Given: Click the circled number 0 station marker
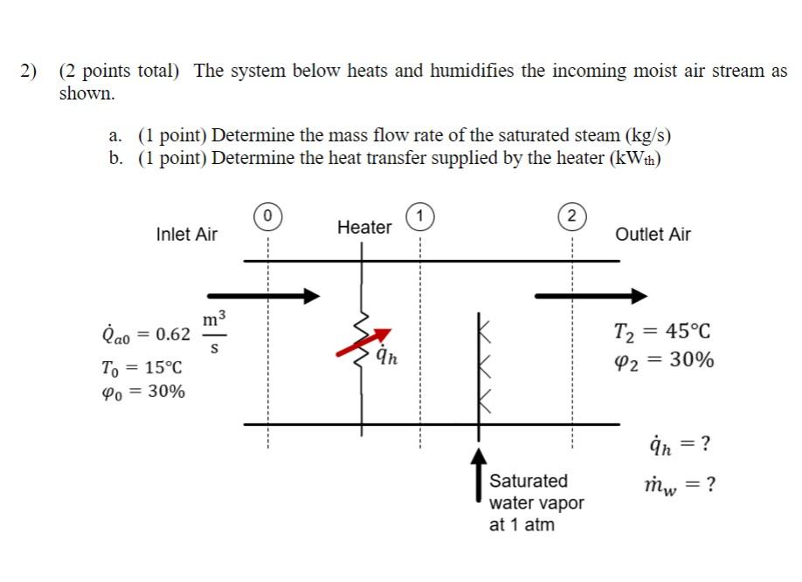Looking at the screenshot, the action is click(x=268, y=214).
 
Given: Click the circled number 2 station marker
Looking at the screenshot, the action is click(x=572, y=216).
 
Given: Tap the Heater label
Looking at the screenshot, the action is click(x=364, y=228).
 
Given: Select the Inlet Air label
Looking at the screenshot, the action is click(x=186, y=234).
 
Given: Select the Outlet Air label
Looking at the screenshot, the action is click(x=653, y=234).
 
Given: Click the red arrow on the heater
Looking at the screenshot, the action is click(x=363, y=343).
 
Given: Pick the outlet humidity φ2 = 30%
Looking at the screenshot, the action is click(x=664, y=359).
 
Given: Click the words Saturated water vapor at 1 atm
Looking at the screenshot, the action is click(x=536, y=503).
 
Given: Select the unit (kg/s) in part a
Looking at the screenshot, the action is click(x=648, y=136).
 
